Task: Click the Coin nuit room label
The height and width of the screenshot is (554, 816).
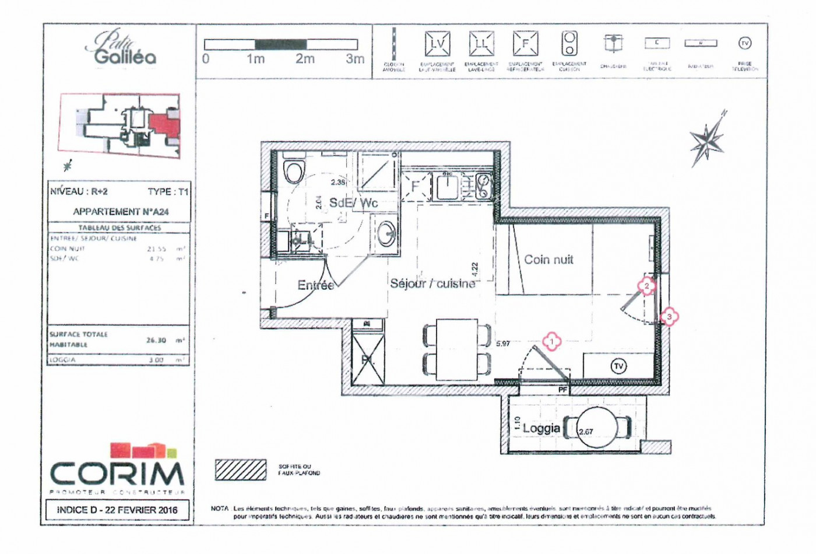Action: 548,260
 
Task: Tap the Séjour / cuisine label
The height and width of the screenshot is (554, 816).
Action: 432,283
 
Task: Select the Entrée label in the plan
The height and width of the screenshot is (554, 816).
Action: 315,285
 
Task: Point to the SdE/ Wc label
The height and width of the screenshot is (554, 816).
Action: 353,203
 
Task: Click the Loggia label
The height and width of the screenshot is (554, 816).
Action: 541,429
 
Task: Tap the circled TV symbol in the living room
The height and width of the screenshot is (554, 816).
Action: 618,366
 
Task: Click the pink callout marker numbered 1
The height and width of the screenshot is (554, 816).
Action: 551,341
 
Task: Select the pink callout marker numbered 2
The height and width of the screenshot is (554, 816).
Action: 646,286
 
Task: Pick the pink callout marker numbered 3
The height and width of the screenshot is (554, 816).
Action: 669,317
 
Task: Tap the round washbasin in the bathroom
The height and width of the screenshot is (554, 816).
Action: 385,234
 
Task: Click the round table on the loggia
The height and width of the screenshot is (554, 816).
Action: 597,428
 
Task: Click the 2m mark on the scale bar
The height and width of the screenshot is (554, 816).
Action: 305,59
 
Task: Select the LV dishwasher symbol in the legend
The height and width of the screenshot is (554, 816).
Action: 437,44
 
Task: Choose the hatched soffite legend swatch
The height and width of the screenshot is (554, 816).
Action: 241,470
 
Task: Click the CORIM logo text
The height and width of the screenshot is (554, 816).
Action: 117,474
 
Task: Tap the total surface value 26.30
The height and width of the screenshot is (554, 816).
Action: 156,340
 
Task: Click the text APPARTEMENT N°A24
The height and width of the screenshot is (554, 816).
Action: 121,212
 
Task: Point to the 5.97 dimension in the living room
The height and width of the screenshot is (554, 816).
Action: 502,344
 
